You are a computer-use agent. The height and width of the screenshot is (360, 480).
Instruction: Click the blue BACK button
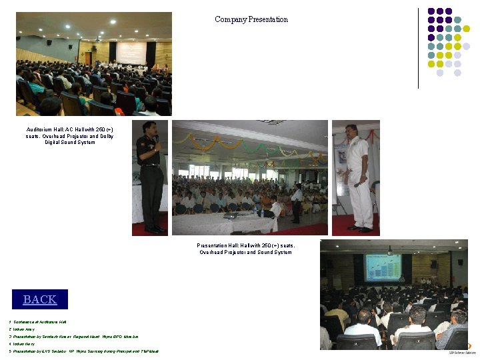point(40,299)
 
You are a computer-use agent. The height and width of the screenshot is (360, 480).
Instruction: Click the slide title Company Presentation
point(251,19)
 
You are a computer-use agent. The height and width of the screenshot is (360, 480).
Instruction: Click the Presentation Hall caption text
point(246,249)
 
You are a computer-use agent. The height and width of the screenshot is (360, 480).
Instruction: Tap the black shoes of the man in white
point(360,229)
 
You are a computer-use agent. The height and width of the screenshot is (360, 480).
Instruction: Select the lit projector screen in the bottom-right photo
point(382,267)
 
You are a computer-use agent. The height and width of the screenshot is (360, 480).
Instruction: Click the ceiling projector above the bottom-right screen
point(389,251)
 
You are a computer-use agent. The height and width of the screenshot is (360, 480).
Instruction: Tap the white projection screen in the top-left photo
point(131,53)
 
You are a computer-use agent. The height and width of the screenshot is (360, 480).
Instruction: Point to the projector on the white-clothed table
point(231,215)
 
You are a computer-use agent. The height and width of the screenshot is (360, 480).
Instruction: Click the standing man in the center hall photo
point(296,203)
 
